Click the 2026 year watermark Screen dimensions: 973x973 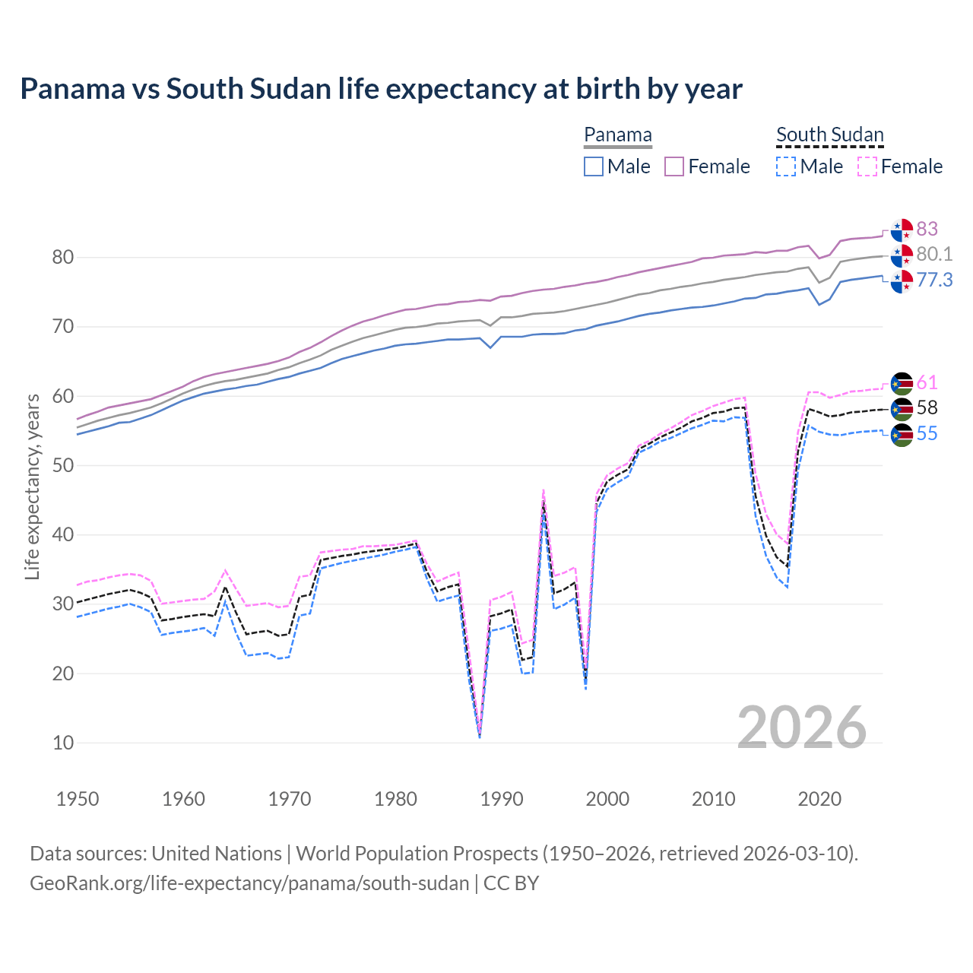coord(801,727)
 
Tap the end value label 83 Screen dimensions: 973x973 coord(927,229)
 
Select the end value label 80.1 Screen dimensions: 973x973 coord(934,254)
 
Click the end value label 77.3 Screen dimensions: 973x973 coord(934,280)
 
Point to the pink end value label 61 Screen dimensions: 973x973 coord(927,382)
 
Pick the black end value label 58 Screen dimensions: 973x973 coord(927,407)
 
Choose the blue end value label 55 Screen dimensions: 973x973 coord(927,433)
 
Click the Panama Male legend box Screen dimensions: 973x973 coord(594,166)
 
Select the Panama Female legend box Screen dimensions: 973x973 coord(674,166)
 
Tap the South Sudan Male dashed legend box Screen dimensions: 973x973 coord(786,166)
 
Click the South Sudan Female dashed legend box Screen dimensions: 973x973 coord(867,166)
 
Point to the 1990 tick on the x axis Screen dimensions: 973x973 coord(502,799)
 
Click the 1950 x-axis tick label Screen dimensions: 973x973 coord(78,799)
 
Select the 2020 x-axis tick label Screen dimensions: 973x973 coord(819,799)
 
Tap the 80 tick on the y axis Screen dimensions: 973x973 coord(62,258)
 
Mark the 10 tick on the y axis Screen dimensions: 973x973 coord(62,743)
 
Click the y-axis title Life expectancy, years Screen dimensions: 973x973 coord(32,486)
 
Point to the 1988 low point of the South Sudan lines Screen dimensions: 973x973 coord(480,734)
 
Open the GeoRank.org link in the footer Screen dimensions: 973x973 coord(249,883)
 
